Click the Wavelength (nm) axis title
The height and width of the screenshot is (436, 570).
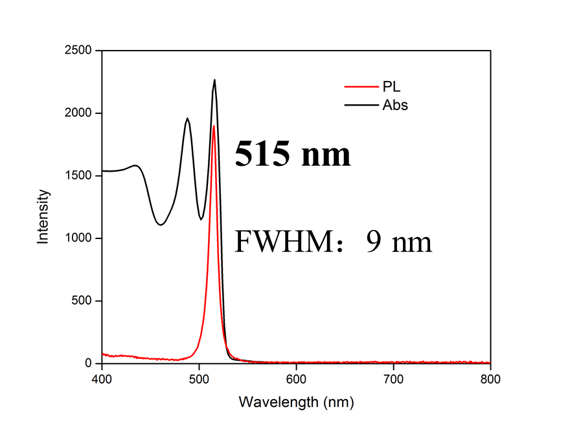coord(296,402)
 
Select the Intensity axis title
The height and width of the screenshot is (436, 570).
coord(43,216)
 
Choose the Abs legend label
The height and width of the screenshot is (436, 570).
coord(395,104)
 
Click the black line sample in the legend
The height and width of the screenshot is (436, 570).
coord(358,104)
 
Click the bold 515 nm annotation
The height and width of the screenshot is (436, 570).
coord(292,155)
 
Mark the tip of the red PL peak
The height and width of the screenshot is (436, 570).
coord(214,126)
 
